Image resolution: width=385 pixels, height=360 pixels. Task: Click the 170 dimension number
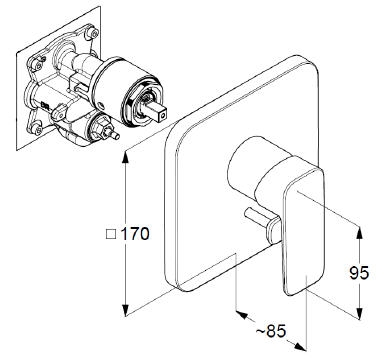[x=135, y=234]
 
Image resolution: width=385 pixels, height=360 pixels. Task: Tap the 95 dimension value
[x=359, y=273]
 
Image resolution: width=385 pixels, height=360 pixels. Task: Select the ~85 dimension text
[x=271, y=331]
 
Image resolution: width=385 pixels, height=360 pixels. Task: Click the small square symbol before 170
[x=111, y=234]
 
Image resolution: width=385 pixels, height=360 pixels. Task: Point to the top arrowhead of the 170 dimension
[x=126, y=157]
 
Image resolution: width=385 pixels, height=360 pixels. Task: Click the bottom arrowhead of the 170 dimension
[x=126, y=310]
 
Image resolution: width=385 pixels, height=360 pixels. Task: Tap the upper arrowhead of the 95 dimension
[x=359, y=233]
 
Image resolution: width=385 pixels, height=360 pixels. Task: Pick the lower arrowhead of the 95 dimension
[x=359, y=313]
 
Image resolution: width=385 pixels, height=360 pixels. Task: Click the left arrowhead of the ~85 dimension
[x=242, y=314]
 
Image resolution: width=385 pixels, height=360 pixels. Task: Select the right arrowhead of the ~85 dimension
[x=299, y=346]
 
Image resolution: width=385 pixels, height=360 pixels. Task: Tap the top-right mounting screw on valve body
[x=94, y=33]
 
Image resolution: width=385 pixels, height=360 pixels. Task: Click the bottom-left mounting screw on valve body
[x=38, y=129]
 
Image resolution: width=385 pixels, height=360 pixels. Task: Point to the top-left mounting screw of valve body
[x=38, y=65]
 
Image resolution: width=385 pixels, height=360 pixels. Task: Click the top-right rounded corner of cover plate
[x=312, y=62]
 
